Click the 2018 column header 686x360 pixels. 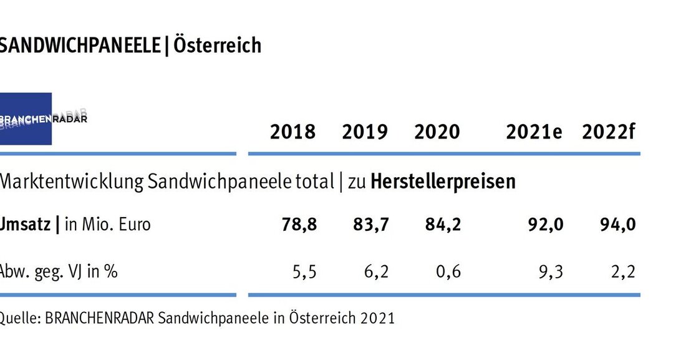(292, 132)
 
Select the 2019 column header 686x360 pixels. (365, 132)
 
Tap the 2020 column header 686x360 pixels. (437, 132)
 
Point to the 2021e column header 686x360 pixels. (534, 132)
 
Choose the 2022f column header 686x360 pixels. (609, 132)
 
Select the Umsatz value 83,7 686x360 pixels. (372, 225)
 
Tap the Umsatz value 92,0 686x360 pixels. (547, 225)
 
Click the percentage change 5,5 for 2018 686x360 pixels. (305, 272)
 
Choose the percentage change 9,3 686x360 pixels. (552, 272)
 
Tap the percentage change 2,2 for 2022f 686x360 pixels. (624, 272)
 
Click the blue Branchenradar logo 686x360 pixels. (26, 119)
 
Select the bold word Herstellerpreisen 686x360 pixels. (443, 182)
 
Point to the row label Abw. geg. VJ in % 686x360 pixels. (59, 272)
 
